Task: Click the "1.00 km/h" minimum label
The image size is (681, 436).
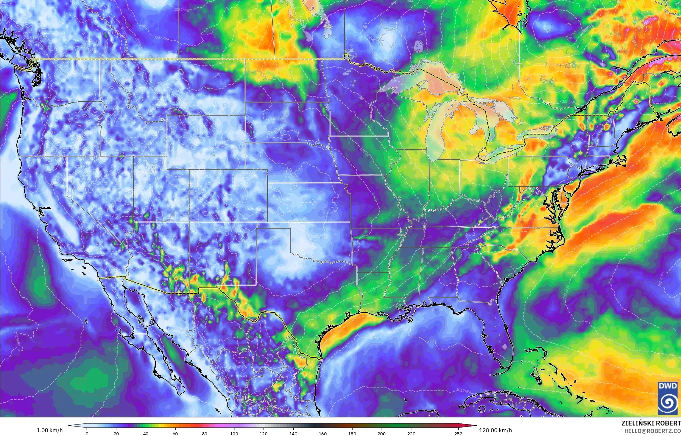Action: point(49,430)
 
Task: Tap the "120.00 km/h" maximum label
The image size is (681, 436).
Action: point(495,430)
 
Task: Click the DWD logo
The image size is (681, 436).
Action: point(668,398)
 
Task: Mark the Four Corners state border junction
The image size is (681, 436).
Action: point(189,222)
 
